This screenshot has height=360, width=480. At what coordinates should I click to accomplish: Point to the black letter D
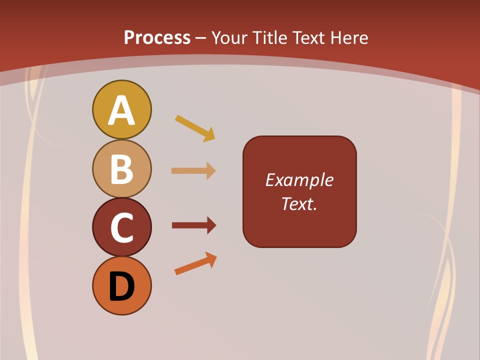[121, 287]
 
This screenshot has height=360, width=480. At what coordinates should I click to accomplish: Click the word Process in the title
[157, 38]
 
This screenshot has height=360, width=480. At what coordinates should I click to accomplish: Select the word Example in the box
[299, 180]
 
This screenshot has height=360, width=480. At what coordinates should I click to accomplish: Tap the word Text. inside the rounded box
[299, 203]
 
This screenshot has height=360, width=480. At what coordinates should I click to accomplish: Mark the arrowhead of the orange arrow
[211, 258]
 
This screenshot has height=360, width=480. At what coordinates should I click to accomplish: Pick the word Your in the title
[230, 38]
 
